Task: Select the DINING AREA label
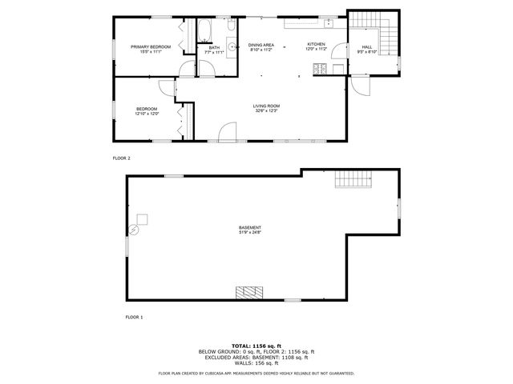261,46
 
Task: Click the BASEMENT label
249,230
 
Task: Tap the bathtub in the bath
204,33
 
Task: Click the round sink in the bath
232,46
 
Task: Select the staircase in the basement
353,180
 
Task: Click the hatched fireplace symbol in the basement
248,292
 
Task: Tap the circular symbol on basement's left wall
134,230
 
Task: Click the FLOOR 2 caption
122,158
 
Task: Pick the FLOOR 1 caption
133,318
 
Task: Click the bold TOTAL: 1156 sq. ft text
256,344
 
